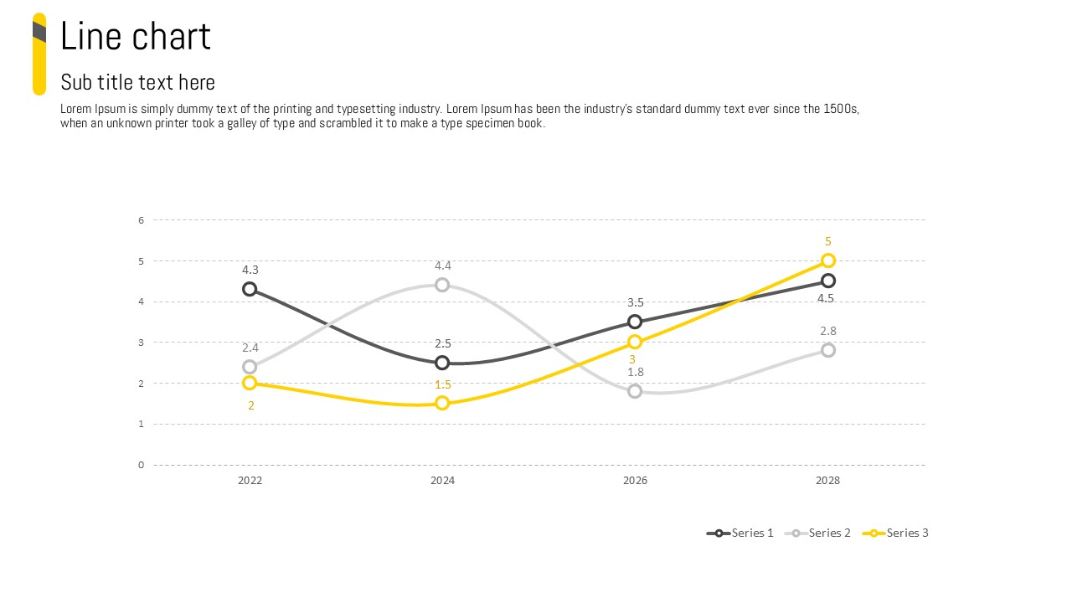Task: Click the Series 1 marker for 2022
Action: [x=250, y=289]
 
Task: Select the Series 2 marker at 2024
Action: [x=442, y=285]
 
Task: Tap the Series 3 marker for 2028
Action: [x=827, y=260]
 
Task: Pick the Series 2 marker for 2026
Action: [x=635, y=391]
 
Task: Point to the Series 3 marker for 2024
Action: [x=442, y=403]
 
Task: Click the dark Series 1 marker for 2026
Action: [x=635, y=322]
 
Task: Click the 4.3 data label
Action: [x=250, y=270]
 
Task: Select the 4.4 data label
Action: [x=442, y=265]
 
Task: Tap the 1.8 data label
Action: [x=636, y=372]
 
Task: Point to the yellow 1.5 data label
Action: [x=443, y=384]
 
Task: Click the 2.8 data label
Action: [x=828, y=331]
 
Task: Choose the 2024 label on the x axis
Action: [x=442, y=481]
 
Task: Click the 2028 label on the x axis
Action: [x=827, y=481]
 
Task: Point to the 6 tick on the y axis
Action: [x=142, y=220]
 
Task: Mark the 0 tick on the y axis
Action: [x=142, y=465]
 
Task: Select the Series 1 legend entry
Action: [x=741, y=533]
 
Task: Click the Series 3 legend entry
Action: [x=897, y=533]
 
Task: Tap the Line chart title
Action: [x=136, y=37]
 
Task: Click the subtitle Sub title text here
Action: [x=138, y=82]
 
